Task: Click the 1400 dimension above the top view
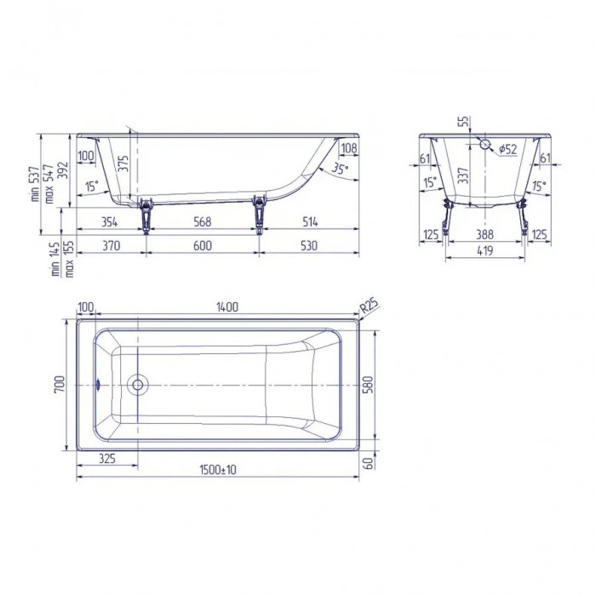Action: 226,307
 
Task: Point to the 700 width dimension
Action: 58,386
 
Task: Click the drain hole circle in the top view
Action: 137,385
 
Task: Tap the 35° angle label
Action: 339,169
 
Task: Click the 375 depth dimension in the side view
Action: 124,164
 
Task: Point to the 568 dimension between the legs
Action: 202,222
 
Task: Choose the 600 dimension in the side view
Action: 202,246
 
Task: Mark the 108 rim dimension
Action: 348,149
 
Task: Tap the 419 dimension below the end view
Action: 488,251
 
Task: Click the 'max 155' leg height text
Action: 70,258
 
